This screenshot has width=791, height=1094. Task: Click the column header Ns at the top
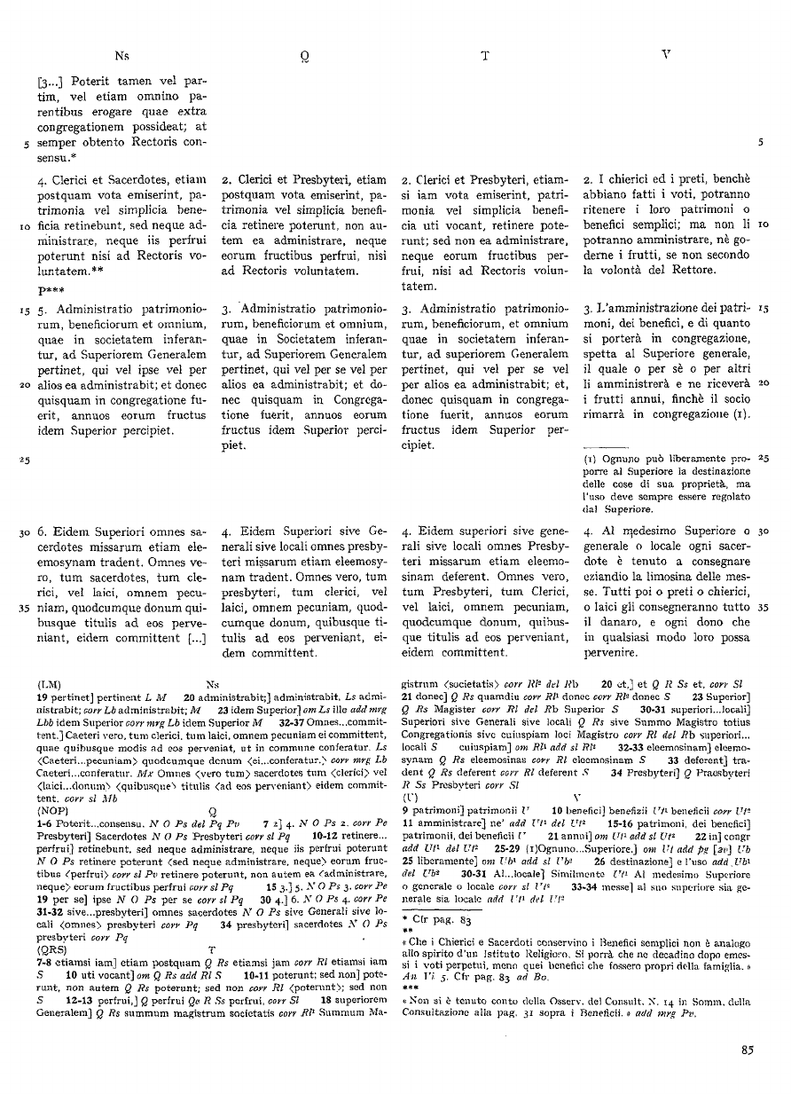pos(121,56)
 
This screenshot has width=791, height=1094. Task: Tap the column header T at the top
pos(485,56)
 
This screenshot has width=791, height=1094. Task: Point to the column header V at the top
pos(666,55)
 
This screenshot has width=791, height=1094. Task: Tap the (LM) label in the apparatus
pos(50,686)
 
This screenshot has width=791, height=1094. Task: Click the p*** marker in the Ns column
pos(49,290)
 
